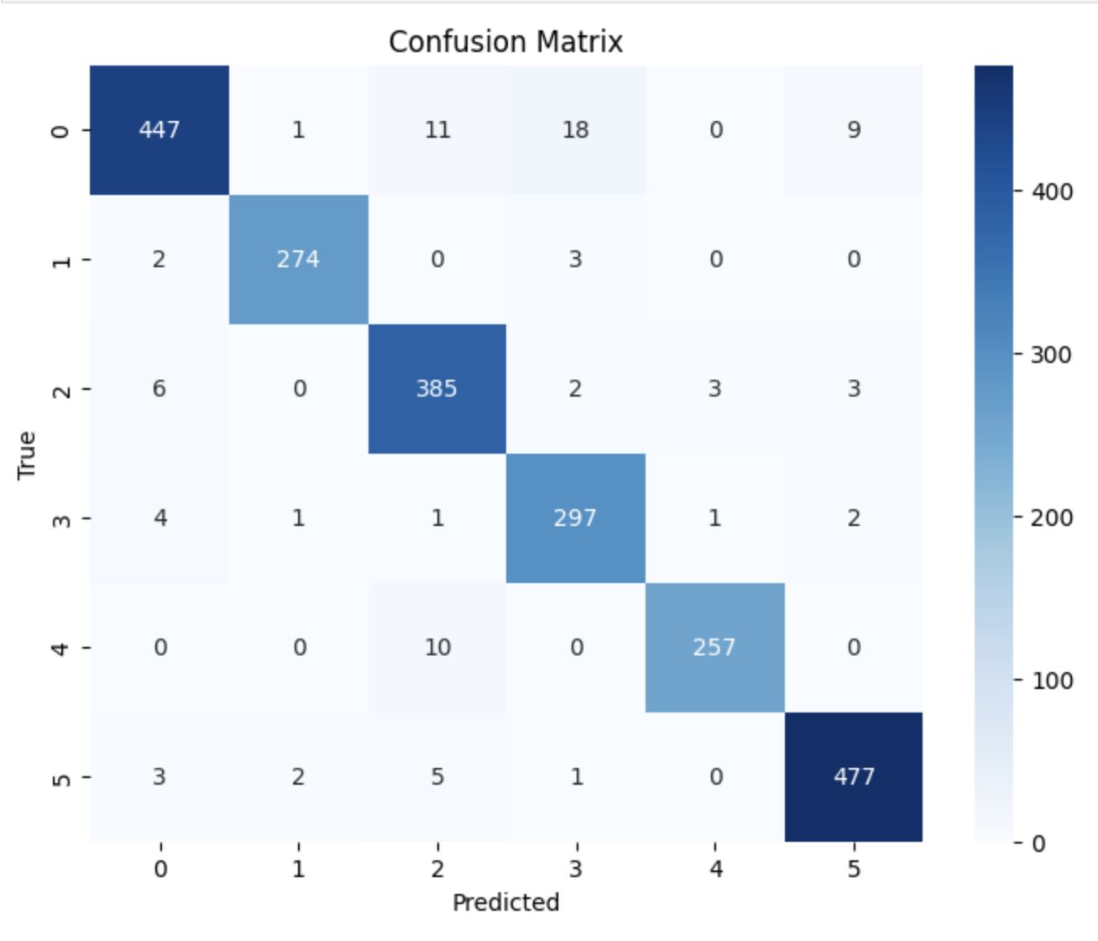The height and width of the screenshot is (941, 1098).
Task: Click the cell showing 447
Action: [x=159, y=130]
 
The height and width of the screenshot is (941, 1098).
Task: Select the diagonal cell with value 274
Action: [x=298, y=260]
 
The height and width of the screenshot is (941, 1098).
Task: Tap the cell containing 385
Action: [x=437, y=389]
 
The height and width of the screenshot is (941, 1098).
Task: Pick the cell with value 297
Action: [x=575, y=518]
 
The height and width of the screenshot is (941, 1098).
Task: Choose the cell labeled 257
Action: [x=714, y=648]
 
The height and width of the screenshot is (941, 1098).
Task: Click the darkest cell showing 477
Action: [x=854, y=777]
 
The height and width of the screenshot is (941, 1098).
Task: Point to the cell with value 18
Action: [x=575, y=130]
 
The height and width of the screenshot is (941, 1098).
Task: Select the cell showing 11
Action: [x=437, y=130]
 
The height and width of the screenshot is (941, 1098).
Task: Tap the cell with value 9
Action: [x=854, y=130]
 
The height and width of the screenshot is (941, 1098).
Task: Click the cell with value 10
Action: [x=437, y=648]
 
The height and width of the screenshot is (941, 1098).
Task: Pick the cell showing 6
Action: [x=159, y=389]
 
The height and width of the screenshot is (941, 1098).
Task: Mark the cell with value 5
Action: [x=437, y=777]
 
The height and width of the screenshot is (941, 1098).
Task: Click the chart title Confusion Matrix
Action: [x=505, y=42]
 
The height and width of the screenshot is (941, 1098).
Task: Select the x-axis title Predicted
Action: [x=505, y=903]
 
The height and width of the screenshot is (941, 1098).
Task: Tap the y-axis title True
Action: [x=27, y=455]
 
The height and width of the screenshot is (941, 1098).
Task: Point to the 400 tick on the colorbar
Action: [x=1052, y=192]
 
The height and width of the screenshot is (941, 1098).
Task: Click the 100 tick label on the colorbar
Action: [x=1052, y=681]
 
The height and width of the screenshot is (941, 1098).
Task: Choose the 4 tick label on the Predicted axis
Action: [x=714, y=869]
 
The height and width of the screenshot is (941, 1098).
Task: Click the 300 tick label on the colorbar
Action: [x=1052, y=355]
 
